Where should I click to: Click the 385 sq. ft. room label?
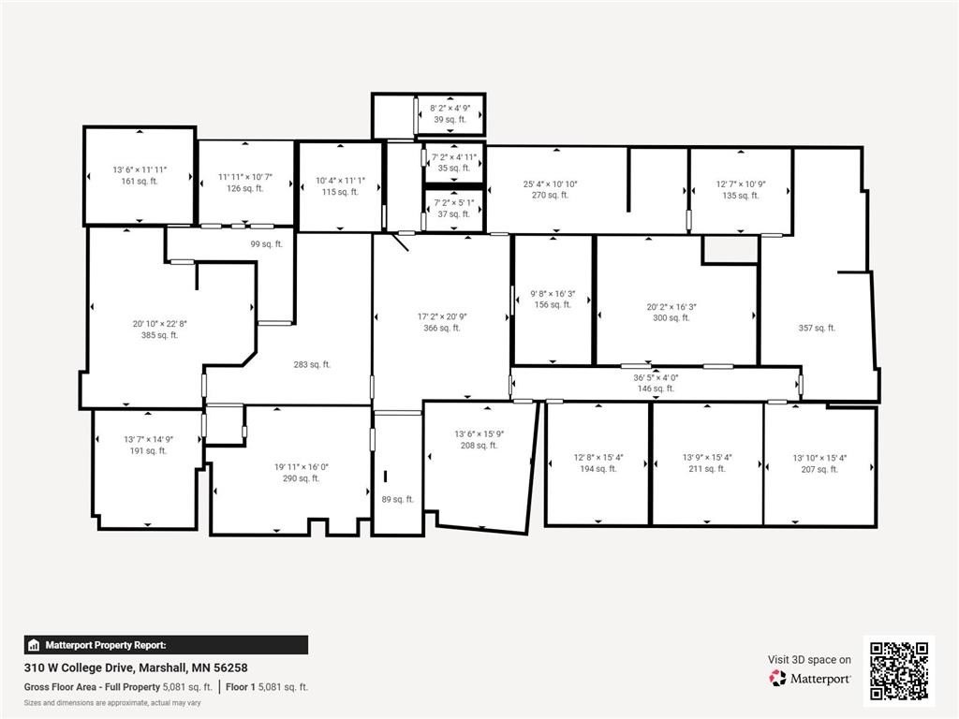[x=159, y=335]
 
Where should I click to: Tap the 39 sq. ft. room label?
[x=450, y=119]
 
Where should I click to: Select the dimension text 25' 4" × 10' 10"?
[x=550, y=183]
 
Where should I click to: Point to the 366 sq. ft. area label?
[x=442, y=328]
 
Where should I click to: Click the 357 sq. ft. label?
[x=817, y=328]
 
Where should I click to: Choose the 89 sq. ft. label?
[x=397, y=499]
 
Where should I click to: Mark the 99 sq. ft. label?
[x=267, y=244]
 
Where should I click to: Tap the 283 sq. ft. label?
[x=312, y=364]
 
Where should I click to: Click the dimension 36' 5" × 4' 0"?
[x=656, y=378]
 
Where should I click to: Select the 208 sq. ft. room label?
[x=479, y=445]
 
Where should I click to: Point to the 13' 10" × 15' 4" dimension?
[x=819, y=458]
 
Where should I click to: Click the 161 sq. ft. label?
[x=140, y=181]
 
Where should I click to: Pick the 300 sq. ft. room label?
[x=671, y=318]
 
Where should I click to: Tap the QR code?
[x=899, y=670]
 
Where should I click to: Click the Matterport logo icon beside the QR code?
[x=777, y=678]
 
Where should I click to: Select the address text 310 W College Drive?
[x=80, y=668]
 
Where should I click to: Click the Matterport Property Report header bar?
[x=166, y=645]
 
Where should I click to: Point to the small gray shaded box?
[x=730, y=249]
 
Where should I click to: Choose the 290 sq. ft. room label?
[x=301, y=478]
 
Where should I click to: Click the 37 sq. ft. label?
[x=454, y=214]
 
